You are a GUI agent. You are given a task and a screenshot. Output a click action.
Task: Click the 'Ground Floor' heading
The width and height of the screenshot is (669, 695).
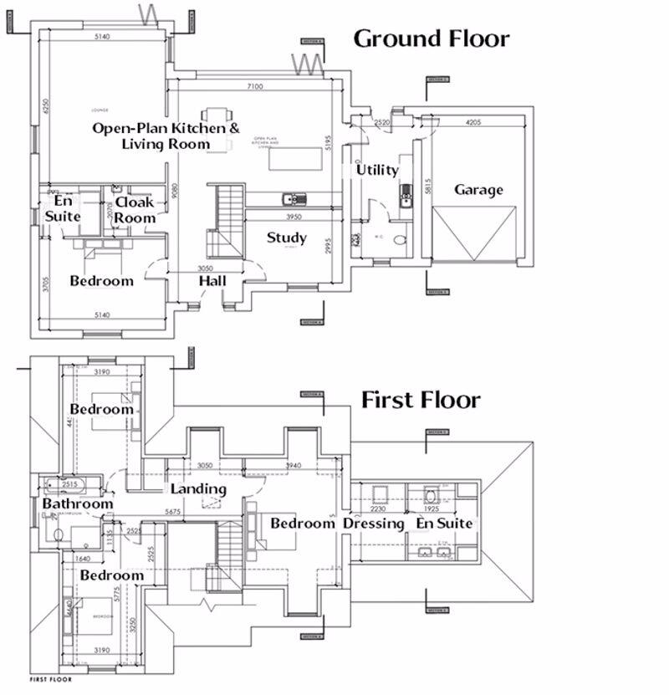click(431, 38)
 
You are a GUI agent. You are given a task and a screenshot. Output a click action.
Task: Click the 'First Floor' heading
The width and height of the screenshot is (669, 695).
click(421, 400)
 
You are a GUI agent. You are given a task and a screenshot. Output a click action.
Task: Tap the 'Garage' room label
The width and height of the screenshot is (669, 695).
click(478, 190)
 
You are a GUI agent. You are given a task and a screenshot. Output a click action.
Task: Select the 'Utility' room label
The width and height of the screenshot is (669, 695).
click(377, 170)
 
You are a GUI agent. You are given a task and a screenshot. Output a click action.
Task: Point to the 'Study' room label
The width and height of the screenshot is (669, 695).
click(287, 238)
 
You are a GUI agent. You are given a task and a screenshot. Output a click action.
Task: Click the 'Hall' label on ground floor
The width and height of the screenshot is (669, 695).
click(213, 282)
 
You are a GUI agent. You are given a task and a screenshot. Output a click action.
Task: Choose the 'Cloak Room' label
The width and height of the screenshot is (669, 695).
click(135, 210)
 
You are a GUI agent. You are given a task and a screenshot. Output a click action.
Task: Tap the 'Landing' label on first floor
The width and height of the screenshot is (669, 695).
click(198, 488)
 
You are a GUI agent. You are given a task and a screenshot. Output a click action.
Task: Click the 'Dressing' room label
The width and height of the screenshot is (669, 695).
click(374, 524)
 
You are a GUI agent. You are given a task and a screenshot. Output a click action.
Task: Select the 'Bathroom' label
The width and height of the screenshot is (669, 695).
click(78, 504)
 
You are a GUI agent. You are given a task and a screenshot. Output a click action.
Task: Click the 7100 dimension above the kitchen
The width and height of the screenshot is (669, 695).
click(256, 86)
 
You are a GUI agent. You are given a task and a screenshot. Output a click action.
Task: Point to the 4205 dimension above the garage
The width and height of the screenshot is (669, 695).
click(472, 123)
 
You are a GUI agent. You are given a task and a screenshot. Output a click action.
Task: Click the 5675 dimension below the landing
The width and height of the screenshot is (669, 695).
click(174, 512)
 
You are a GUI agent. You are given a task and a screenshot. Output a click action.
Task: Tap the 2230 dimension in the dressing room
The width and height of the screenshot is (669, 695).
click(379, 508)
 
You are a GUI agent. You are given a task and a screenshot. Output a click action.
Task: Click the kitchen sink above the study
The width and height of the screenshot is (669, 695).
click(294, 198)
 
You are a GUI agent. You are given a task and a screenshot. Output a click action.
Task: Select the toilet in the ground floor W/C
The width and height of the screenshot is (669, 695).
click(399, 240)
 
